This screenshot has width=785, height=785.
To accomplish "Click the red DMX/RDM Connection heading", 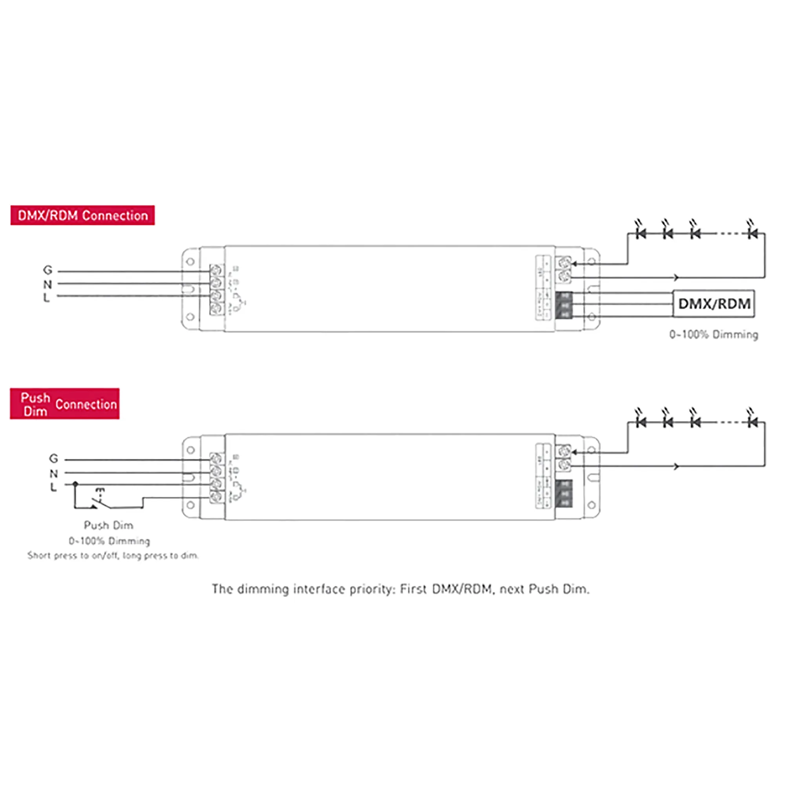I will coord(82,215).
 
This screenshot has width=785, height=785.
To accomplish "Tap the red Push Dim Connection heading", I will coord(65,404).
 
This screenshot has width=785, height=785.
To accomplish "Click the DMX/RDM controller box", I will coord(714,303).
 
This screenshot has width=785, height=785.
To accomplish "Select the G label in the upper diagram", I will coord(47,270).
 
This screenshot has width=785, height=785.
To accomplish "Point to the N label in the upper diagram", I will coord(47,284).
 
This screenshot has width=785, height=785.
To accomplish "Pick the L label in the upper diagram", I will coord(46,298).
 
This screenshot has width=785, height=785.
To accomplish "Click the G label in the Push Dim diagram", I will coord(53,458).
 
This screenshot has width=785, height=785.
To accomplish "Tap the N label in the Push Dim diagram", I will coord(53,473).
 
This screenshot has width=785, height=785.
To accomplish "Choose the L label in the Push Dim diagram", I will coord(53,486).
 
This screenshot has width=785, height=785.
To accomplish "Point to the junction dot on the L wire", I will coord(75,484).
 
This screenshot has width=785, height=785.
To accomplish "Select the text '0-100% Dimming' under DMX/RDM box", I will coord(714,335).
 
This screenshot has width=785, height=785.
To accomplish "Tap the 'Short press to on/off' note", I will coord(113,555).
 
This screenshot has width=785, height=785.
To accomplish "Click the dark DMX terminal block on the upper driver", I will coord(564,305).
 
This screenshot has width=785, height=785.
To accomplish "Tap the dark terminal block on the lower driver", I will coord(564,493).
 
